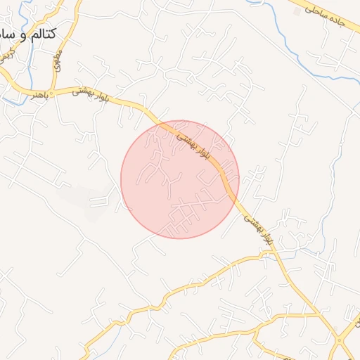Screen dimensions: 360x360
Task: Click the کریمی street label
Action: point(6,53)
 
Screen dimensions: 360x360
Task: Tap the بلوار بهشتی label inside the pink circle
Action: point(194,144)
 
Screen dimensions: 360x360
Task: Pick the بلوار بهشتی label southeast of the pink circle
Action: point(257,229)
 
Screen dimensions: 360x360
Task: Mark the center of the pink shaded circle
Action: point(180,179)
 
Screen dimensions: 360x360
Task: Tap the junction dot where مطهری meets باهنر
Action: point(53,89)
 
